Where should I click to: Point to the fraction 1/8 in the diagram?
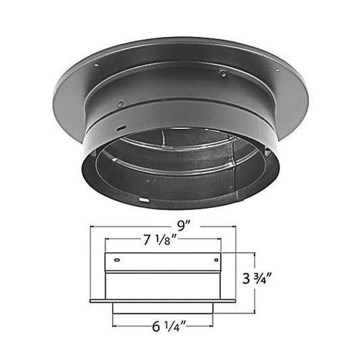pos(169,240)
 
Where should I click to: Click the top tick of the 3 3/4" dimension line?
pos(254,253)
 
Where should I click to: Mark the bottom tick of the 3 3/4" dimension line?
pos(254,313)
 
